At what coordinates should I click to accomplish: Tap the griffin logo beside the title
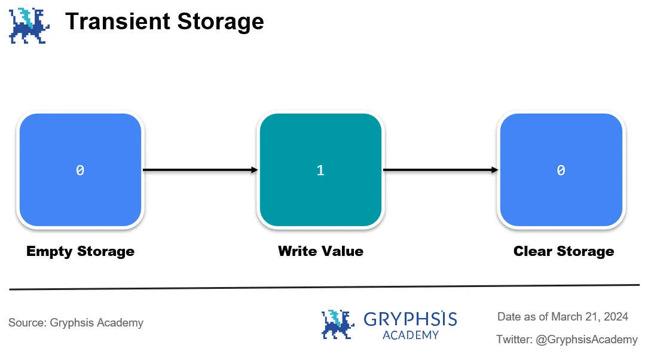pos(28,26)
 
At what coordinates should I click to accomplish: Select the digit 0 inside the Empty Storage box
pos(80,170)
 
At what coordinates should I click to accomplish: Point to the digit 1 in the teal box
pos(320,170)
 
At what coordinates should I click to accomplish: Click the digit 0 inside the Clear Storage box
pos(561,170)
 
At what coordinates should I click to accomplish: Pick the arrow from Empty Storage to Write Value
pos(200,170)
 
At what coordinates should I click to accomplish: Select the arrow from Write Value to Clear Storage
pos(441,170)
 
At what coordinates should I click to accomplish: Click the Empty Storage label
pos(80,251)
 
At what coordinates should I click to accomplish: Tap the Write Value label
pos(320,251)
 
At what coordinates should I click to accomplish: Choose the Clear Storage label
pos(564,251)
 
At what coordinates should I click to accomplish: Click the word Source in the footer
pos(26,323)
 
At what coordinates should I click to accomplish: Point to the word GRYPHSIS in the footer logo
pos(410,319)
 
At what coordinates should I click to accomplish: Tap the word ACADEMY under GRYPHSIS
pos(410,335)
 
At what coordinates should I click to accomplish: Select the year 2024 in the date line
pos(616,316)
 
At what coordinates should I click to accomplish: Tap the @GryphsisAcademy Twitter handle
pos(586,340)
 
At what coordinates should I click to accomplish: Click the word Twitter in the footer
pos(514,340)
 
